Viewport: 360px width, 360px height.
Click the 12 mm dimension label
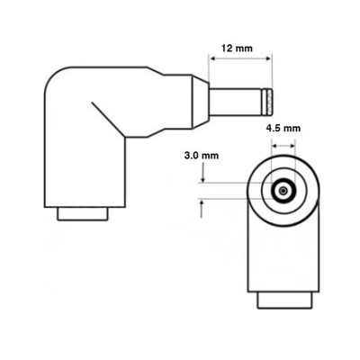237,47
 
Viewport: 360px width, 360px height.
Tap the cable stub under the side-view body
85,214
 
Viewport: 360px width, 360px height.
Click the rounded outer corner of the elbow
56,83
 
